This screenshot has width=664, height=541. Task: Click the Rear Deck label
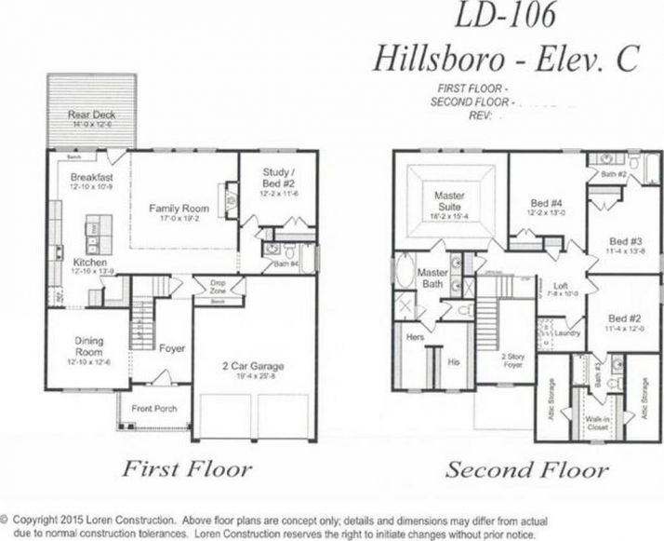point(90,116)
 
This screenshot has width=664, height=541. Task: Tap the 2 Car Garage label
point(254,366)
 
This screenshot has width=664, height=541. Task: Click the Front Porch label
point(153,409)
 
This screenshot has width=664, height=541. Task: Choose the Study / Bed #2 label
point(277,176)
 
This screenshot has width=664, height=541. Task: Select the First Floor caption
point(186,468)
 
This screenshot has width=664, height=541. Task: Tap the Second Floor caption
point(526,469)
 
